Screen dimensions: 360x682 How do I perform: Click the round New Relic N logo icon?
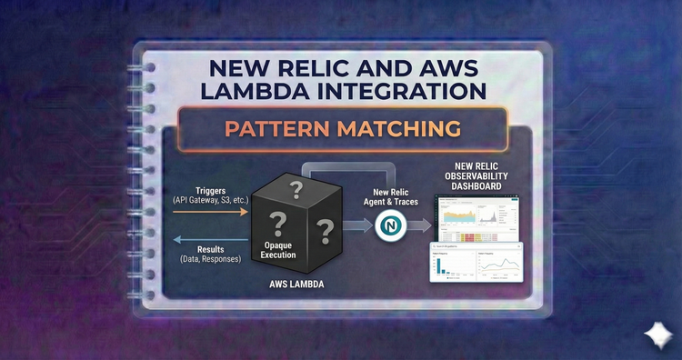pos(392,224)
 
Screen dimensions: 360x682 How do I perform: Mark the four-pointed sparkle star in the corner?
pos(657,335)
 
